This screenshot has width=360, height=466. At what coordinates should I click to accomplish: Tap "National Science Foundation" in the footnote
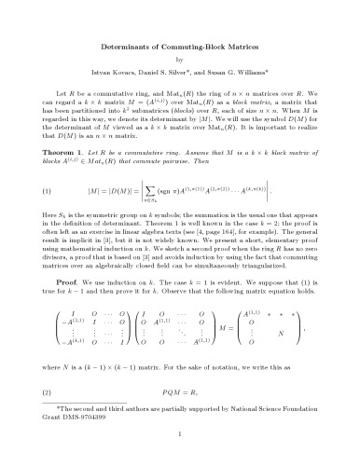click(270, 428)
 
